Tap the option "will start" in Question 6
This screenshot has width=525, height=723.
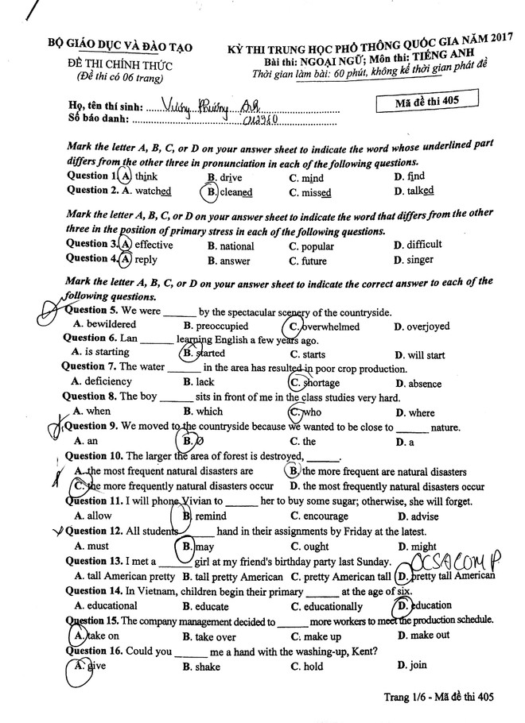(x=425, y=355)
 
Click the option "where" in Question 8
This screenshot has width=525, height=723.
(x=419, y=412)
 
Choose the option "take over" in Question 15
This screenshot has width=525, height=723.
(x=208, y=636)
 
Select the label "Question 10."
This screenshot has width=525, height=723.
(x=92, y=456)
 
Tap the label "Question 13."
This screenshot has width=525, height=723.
(x=93, y=561)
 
